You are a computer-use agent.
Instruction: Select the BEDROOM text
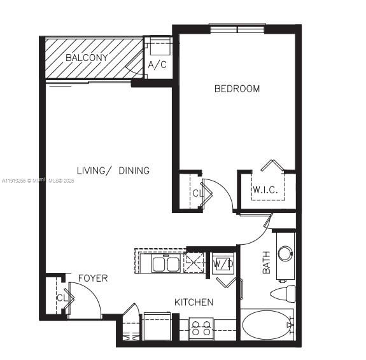[237, 88]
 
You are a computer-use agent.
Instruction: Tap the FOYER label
[93, 278]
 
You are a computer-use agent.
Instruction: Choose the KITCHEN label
[194, 302]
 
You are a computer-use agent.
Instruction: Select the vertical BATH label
[267, 262]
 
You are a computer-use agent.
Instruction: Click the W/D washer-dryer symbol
[223, 263]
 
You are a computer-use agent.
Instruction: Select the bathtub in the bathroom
[267, 326]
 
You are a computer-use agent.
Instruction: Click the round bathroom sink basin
[286, 253]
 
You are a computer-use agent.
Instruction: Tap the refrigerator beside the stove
[157, 326]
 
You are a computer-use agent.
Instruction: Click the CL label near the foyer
[62, 297]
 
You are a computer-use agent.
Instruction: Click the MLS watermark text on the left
[38, 181]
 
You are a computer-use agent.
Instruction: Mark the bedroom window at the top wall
[237, 28]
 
